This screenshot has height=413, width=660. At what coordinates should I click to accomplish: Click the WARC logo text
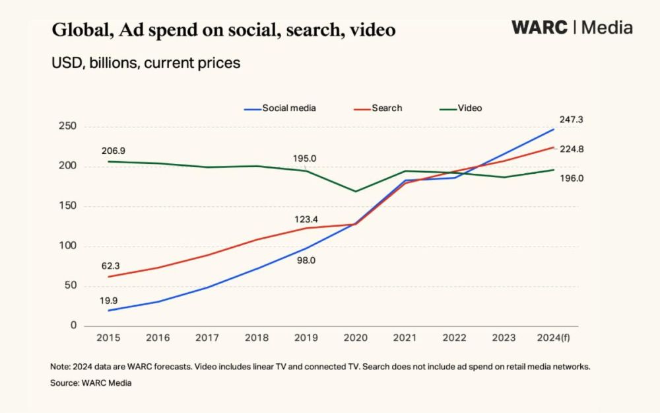pyautogui.click(x=539, y=28)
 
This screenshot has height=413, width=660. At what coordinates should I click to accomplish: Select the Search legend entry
pyautogui.click(x=387, y=108)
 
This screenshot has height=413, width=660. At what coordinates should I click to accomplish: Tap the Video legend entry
pyautogui.click(x=470, y=108)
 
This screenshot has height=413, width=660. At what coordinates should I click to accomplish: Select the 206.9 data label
pyautogui.click(x=114, y=151)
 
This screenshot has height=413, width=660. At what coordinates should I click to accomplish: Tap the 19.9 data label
pyautogui.click(x=109, y=300)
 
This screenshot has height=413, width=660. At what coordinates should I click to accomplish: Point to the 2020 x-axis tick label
pyautogui.click(x=355, y=338)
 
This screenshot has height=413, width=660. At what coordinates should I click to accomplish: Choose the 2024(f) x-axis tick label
pyautogui.click(x=553, y=338)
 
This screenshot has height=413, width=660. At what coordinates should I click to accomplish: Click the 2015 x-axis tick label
pyautogui.click(x=108, y=338)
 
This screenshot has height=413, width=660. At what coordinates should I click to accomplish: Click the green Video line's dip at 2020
pyautogui.click(x=356, y=192)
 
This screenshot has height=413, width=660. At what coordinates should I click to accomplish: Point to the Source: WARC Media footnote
pyautogui.click(x=91, y=383)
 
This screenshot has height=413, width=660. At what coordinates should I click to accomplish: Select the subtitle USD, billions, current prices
pyautogui.click(x=145, y=63)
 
